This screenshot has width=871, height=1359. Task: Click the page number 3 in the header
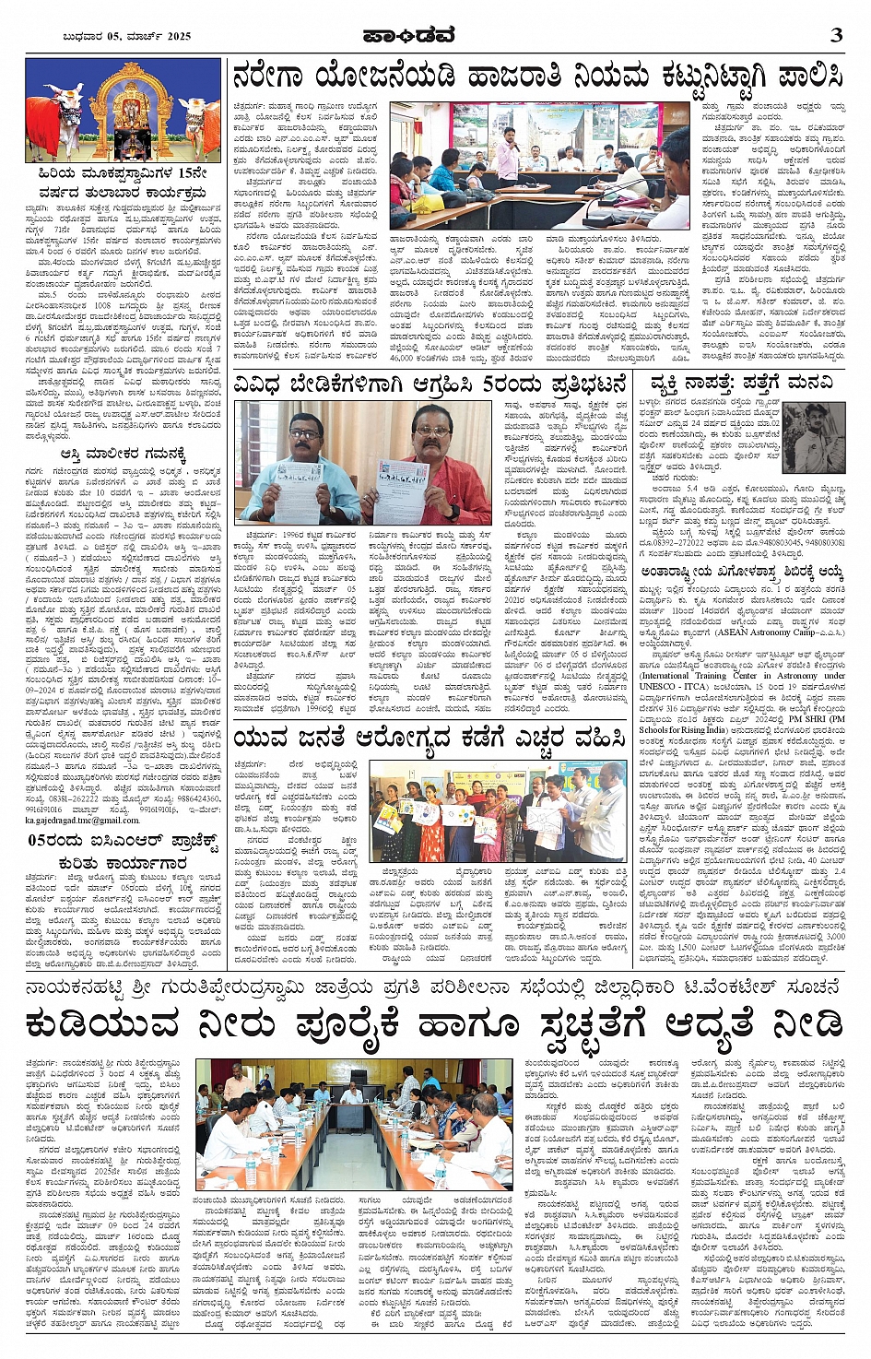(836, 35)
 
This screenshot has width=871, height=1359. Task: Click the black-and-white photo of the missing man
(812, 438)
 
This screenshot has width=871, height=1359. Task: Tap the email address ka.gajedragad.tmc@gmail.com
(83, 820)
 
